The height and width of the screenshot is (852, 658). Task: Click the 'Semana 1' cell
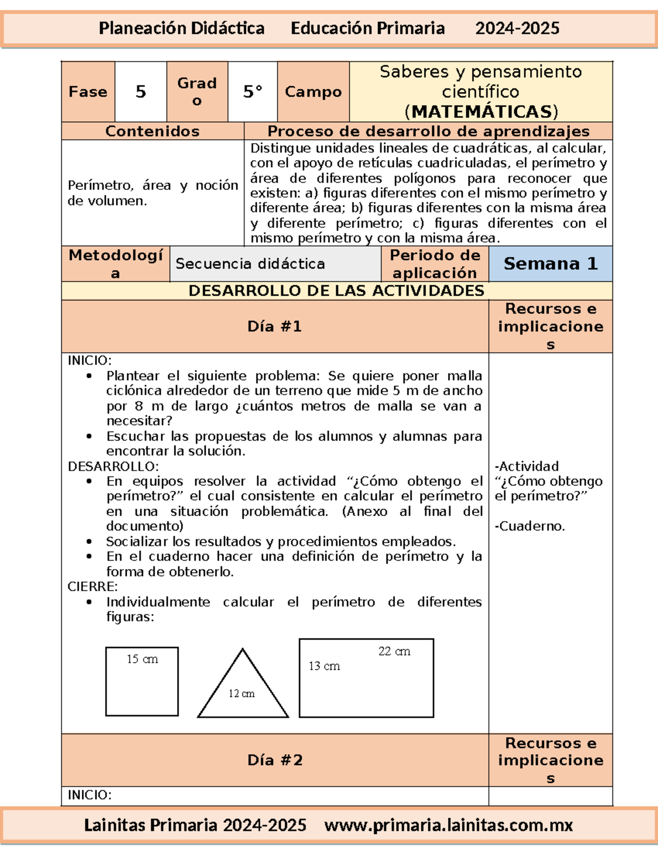pos(550,264)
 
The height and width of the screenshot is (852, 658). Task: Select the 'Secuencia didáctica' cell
pos(250,264)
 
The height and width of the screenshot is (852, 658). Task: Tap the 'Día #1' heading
pos(275,326)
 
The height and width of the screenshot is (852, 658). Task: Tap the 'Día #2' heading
pos(275,760)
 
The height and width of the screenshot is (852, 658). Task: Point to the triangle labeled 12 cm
pos(242,686)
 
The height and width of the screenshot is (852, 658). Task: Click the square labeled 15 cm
pos(142,681)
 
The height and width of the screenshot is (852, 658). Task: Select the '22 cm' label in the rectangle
pos(394,651)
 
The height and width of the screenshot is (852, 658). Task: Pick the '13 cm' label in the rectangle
pos(324,666)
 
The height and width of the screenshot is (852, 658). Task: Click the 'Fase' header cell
pos(88,92)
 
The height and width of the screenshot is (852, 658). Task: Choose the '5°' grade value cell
pos(253,92)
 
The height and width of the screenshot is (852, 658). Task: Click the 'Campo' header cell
pos(313,92)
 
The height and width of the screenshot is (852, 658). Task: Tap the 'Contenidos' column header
pos(152,131)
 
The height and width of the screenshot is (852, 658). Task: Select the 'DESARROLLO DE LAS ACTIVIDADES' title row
pos(336,291)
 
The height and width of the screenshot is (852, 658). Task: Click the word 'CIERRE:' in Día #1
pos(93,586)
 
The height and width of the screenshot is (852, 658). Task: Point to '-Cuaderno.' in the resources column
pos(530,526)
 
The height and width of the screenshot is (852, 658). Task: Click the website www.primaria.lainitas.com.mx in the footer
pos(449,825)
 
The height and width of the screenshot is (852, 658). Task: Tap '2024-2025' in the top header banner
pos(517,29)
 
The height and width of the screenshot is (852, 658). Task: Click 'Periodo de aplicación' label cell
pos(435,264)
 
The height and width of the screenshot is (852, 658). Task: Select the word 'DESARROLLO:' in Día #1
pos(113,466)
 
